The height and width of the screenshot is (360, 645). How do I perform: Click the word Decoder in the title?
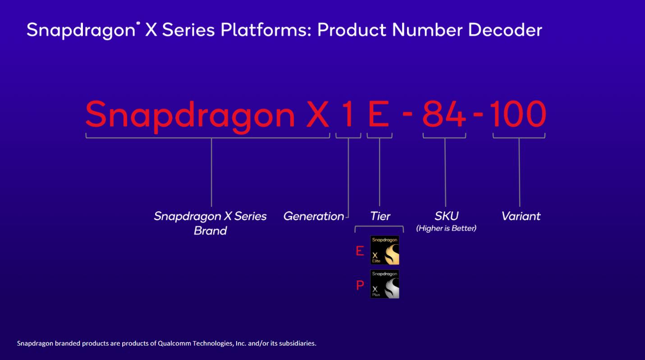point(505,30)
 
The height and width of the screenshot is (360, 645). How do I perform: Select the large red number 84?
point(444,114)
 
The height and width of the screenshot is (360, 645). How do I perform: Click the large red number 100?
point(518,114)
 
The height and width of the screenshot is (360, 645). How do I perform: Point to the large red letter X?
point(318,114)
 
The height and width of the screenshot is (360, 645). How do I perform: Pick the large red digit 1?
point(348,114)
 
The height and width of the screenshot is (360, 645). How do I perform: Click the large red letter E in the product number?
point(379,114)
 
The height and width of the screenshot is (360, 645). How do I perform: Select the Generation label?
point(314,216)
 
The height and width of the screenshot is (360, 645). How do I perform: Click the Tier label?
point(380,216)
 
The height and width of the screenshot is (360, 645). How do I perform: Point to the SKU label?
point(446,216)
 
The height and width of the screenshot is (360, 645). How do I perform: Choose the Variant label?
point(521,216)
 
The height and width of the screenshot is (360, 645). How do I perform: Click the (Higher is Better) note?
point(446,228)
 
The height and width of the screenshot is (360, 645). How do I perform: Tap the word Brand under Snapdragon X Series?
point(210,231)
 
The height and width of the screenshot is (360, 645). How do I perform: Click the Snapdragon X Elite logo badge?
point(384,250)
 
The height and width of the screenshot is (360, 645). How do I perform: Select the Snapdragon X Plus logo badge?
point(384,284)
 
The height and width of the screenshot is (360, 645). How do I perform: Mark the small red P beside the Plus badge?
point(360,286)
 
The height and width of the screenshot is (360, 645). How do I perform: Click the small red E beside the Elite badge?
point(360,251)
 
